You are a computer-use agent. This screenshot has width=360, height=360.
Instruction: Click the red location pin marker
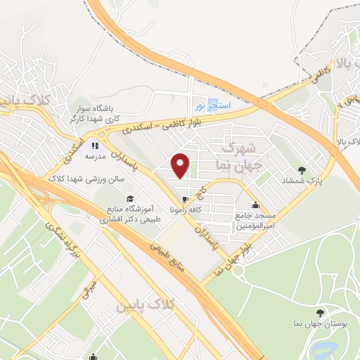tap(181, 166)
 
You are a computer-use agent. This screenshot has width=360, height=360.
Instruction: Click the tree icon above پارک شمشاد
tap(301, 169)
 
